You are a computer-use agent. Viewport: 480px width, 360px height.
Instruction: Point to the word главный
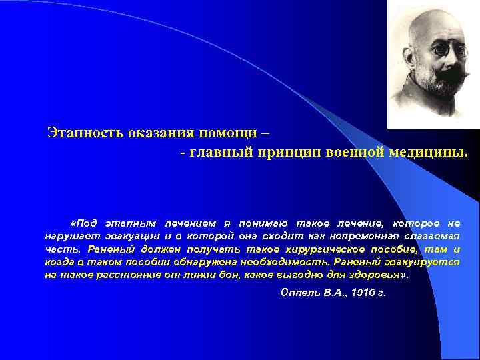coord(219,153)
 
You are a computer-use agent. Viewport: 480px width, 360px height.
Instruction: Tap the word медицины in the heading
coord(428,153)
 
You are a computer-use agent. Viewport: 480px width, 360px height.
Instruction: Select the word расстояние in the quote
coord(119,275)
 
